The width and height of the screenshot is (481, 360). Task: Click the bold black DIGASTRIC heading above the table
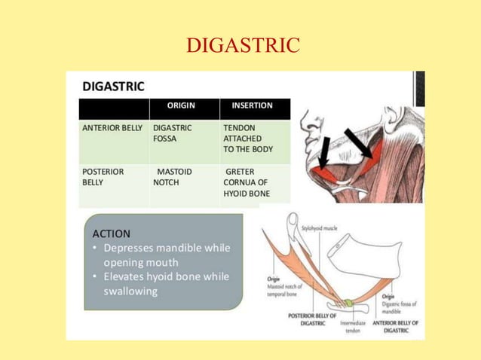click(x=113, y=86)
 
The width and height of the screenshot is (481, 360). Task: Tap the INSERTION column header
click(x=252, y=105)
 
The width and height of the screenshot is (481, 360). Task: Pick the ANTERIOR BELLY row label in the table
click(x=112, y=128)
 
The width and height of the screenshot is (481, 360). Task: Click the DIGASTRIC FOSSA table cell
click(x=173, y=133)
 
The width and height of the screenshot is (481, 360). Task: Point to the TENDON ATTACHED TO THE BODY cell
click(x=248, y=139)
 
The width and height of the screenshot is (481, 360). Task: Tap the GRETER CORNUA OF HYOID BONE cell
click(x=247, y=182)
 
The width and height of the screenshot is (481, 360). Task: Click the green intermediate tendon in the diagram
click(x=348, y=304)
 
